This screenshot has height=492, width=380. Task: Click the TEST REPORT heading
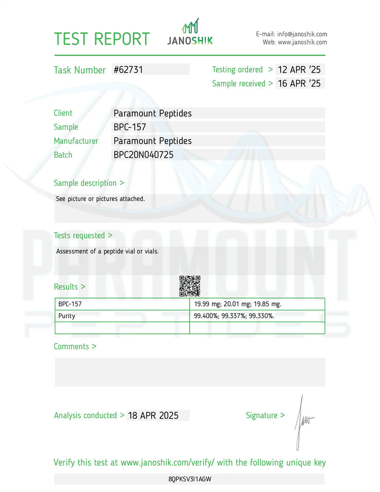[x=102, y=39]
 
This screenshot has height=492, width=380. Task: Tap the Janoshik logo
[x=190, y=32]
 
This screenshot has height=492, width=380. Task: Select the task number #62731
[x=129, y=70]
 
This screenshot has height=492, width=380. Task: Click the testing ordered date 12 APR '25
[x=299, y=70]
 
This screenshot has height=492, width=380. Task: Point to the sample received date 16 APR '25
[x=299, y=84]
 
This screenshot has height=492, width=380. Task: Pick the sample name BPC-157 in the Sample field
[x=130, y=127]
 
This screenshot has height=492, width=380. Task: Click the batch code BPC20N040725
[x=143, y=155]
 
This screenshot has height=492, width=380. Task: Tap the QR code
[x=190, y=286]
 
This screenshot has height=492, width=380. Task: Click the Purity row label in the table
[x=66, y=316]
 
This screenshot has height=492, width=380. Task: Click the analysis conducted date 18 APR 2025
[x=154, y=415]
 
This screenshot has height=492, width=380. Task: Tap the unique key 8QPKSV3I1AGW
[x=189, y=479]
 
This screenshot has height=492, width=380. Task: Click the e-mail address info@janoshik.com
[x=302, y=34]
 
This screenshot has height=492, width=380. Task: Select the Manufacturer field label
[x=76, y=141]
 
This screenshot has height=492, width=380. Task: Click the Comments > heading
[x=75, y=347]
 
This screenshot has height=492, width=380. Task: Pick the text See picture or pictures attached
[x=100, y=199]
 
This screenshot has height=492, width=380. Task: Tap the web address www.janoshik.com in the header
[x=302, y=43]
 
